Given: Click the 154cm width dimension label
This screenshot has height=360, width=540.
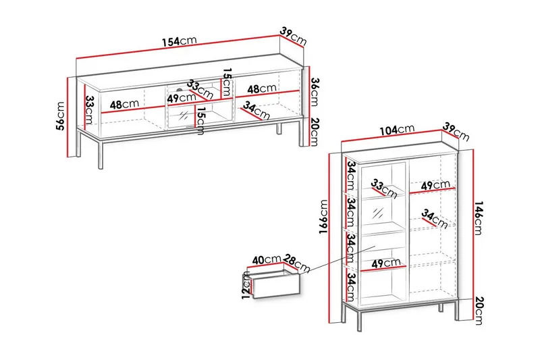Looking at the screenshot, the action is tap(180, 41).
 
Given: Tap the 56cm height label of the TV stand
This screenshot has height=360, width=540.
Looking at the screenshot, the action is tap(61, 115).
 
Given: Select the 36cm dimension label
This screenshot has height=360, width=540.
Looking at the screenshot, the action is tap(315, 92).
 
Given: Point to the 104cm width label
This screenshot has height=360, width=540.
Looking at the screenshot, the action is tap(397, 130).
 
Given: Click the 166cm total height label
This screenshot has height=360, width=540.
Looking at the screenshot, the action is tap(324, 217).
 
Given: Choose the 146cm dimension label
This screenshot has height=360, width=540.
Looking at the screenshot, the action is tap(478, 217).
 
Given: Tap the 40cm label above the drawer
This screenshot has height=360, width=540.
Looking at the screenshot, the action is tap(267, 260).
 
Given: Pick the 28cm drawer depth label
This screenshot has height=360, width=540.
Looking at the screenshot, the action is tap(297, 263).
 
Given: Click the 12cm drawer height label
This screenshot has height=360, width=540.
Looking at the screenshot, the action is tap(246, 285).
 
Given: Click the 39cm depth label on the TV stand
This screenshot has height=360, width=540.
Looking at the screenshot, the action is tap(293, 36).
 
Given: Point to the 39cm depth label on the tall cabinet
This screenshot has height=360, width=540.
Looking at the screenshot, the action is tap(456, 132).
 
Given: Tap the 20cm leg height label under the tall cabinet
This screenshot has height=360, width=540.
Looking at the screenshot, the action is tap(479, 311).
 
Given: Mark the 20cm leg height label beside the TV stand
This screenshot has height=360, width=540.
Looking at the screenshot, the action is tap(315, 132).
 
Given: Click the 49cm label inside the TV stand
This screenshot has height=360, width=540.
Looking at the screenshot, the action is tap(182, 98).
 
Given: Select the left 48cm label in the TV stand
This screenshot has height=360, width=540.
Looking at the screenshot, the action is tap(124, 104).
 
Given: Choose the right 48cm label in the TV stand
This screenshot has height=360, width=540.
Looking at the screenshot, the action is tap(262, 89).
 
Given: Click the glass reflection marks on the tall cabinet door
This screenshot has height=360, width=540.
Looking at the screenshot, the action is tap(378, 213).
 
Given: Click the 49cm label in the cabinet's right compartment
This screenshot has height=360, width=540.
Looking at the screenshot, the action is tap(435, 185).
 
